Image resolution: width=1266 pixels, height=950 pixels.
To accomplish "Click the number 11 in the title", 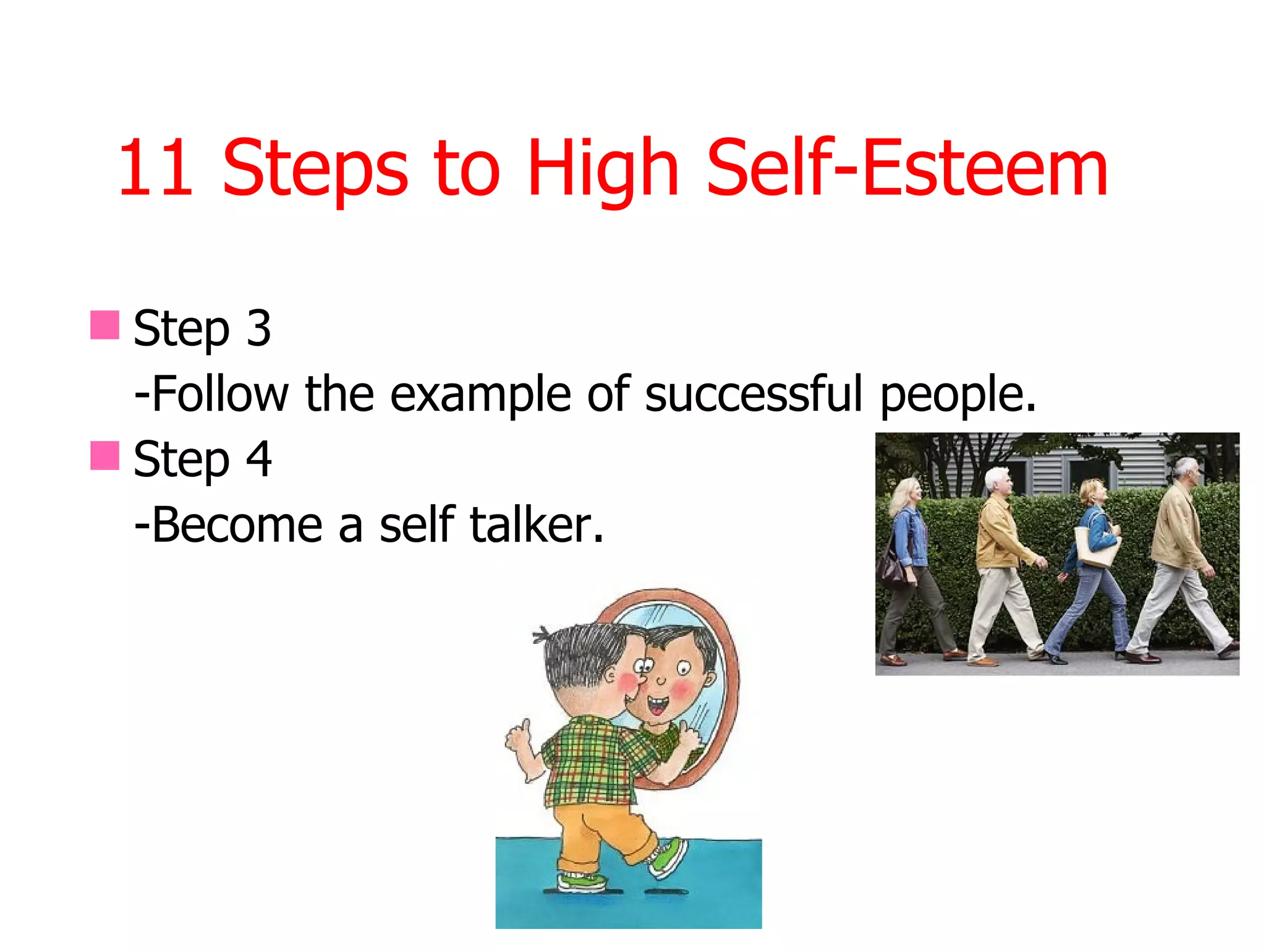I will coord(155,168).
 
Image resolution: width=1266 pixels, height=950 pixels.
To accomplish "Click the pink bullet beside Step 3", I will coord(104,325).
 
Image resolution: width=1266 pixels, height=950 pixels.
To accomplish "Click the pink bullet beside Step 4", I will coord(104,456).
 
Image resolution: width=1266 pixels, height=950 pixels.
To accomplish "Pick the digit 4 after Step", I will coord(258,459).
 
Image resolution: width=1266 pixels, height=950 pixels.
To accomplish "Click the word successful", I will coord(754,394).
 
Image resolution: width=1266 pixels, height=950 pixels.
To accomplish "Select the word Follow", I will coord(219,394).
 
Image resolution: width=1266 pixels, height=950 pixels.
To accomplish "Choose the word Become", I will coord(237,525).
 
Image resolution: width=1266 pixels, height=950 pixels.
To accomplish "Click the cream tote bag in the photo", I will coord(1096,547).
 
